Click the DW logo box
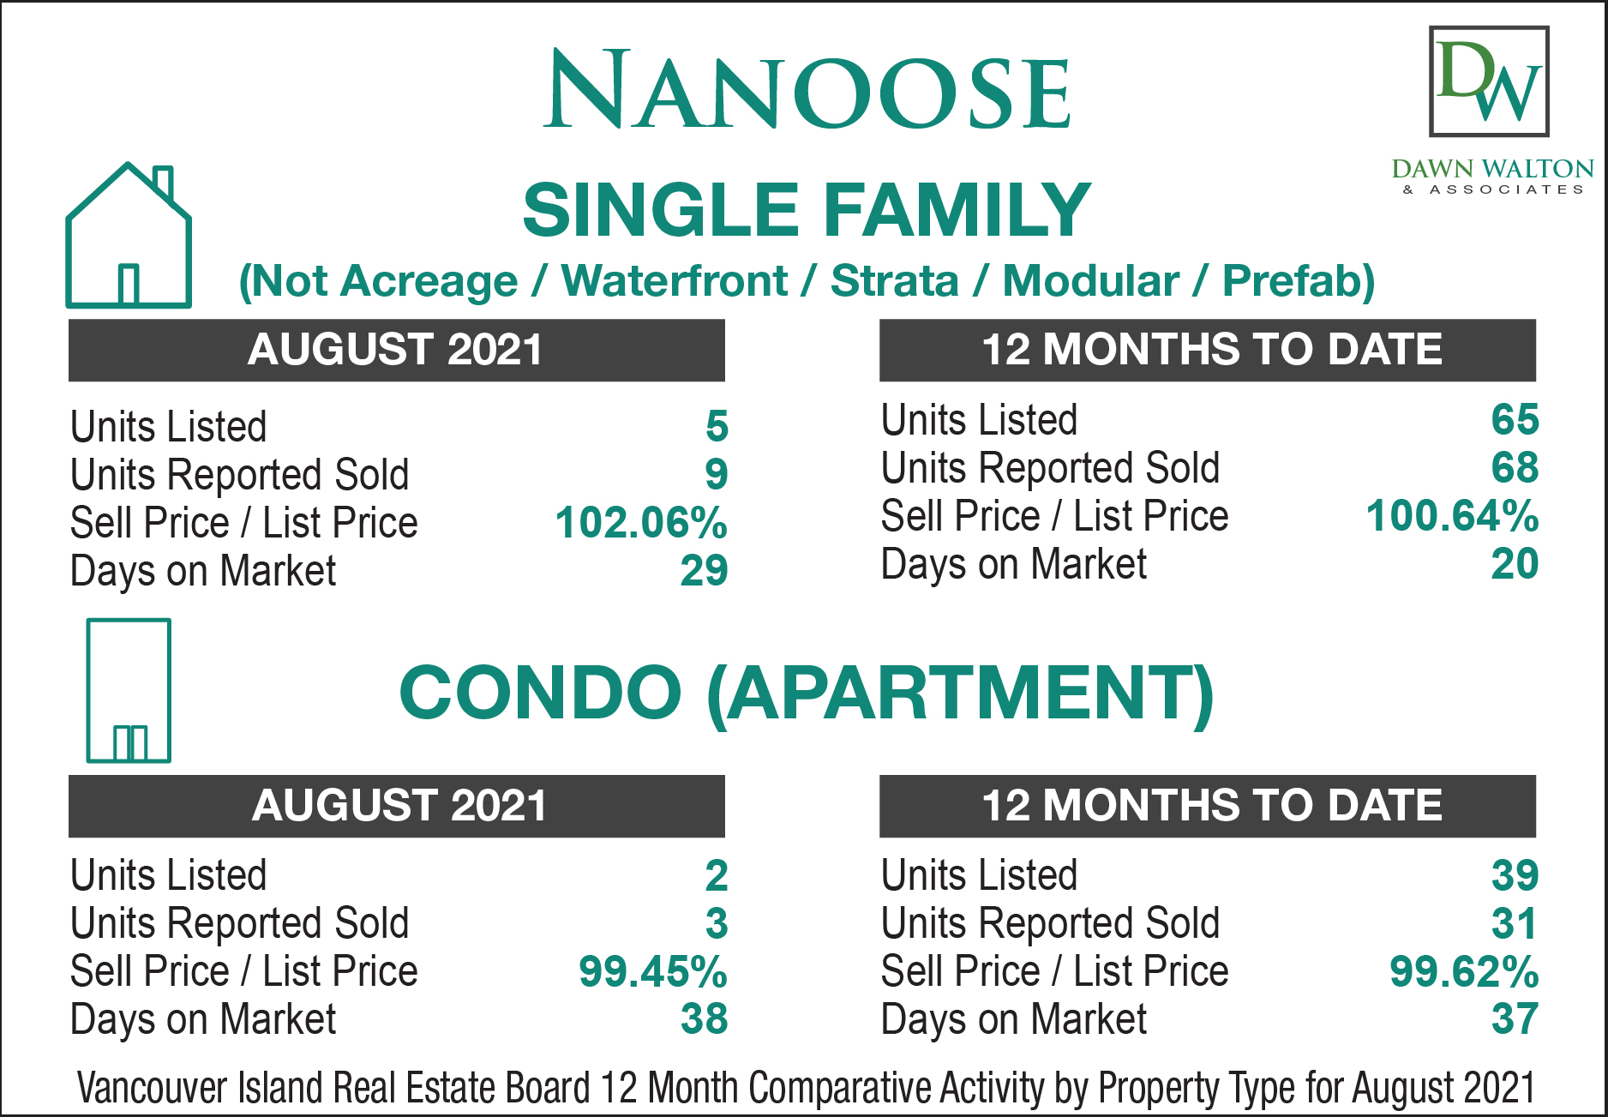point(1489,81)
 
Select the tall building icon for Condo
point(129,690)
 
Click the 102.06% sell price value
point(641,523)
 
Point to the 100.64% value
point(1452,516)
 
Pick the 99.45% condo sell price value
point(653,971)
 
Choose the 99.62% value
point(1464,971)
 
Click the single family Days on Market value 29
point(704,571)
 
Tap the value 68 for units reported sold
point(1515,468)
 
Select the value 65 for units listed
point(1515,420)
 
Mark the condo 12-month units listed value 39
point(1515,875)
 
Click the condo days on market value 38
point(704,1019)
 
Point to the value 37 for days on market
point(1515,1019)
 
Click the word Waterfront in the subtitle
point(675,281)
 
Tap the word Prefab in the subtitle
point(1299,281)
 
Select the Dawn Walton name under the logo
point(1492,168)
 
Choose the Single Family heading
point(807,210)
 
